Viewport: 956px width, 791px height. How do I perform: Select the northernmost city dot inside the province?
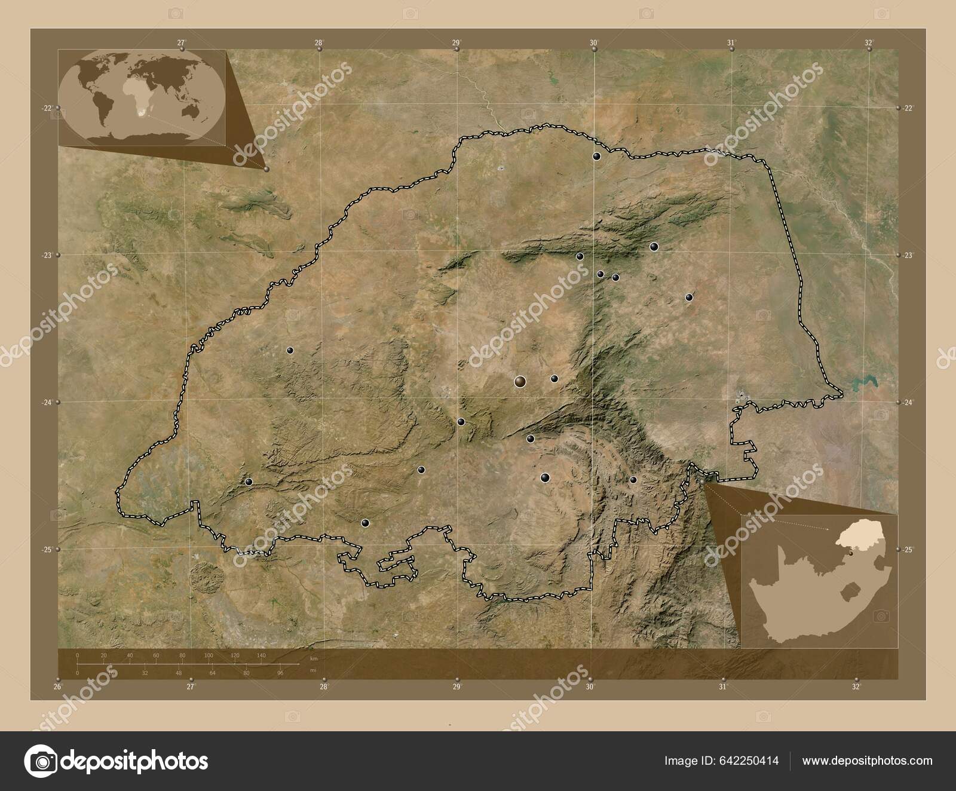(596, 157)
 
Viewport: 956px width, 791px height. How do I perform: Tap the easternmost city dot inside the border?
(689, 297)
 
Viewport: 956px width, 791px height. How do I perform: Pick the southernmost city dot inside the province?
(365, 523)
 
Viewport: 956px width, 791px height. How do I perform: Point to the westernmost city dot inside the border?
(249, 482)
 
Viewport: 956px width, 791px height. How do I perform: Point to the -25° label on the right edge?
(909, 550)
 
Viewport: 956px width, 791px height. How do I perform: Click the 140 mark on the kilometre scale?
(261, 656)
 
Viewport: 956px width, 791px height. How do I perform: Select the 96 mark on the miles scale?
(280, 673)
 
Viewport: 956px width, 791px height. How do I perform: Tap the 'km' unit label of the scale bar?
(314, 658)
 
